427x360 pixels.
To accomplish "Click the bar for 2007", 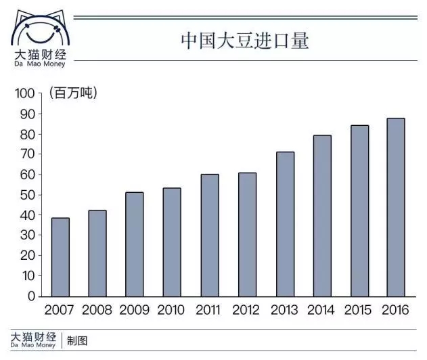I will tap(60, 257).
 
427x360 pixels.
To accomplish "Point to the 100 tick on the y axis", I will tap(25, 93).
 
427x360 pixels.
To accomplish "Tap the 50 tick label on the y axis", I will tap(28, 195).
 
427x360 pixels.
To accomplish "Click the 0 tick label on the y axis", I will tap(31, 296).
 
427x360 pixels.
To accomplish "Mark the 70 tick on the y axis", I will tap(28, 154).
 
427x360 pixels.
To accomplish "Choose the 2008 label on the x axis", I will tap(97, 311).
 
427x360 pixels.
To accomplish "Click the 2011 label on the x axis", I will tap(210, 311).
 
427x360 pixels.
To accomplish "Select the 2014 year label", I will tap(321, 311).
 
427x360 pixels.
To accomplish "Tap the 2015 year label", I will tap(359, 311).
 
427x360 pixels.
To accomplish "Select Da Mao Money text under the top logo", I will tap(39, 64).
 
